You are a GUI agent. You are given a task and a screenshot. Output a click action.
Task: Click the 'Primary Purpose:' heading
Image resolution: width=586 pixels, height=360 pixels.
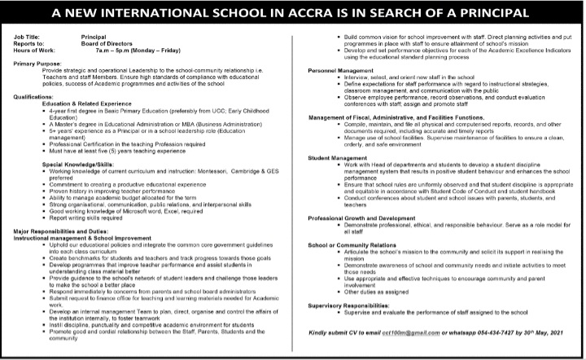click(x=37, y=64)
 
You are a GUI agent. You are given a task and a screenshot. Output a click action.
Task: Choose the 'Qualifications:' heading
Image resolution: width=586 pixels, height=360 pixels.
click(x=33, y=95)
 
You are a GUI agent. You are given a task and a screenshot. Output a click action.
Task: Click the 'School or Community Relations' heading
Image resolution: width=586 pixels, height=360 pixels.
click(x=352, y=244)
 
